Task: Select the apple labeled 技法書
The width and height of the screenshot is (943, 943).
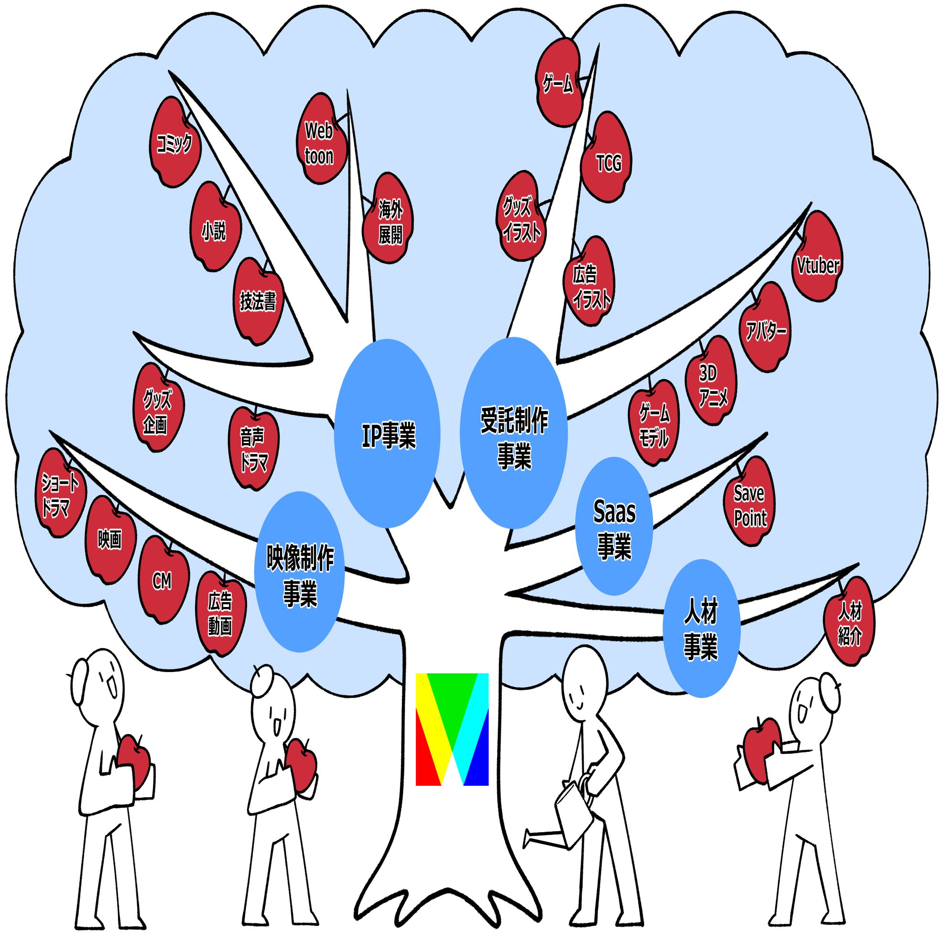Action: tap(258, 302)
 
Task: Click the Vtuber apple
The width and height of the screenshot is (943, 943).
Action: tap(817, 257)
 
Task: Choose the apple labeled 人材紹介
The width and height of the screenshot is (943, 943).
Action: tap(849, 621)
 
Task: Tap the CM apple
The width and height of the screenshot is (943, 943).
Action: tap(163, 579)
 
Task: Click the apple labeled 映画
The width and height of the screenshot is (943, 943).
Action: tap(111, 539)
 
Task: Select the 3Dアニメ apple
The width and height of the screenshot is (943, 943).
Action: tap(711, 380)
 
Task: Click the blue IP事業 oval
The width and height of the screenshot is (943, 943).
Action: tap(387, 434)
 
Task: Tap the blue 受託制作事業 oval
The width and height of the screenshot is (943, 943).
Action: tap(514, 433)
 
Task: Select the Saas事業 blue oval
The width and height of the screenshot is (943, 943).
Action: tap(614, 526)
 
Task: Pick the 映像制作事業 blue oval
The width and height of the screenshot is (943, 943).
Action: tap(300, 572)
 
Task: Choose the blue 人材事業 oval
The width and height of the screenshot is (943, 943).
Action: tap(701, 628)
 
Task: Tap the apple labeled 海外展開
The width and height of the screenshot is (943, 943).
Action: tap(388, 217)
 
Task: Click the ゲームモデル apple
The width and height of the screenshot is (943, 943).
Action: tap(653, 423)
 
